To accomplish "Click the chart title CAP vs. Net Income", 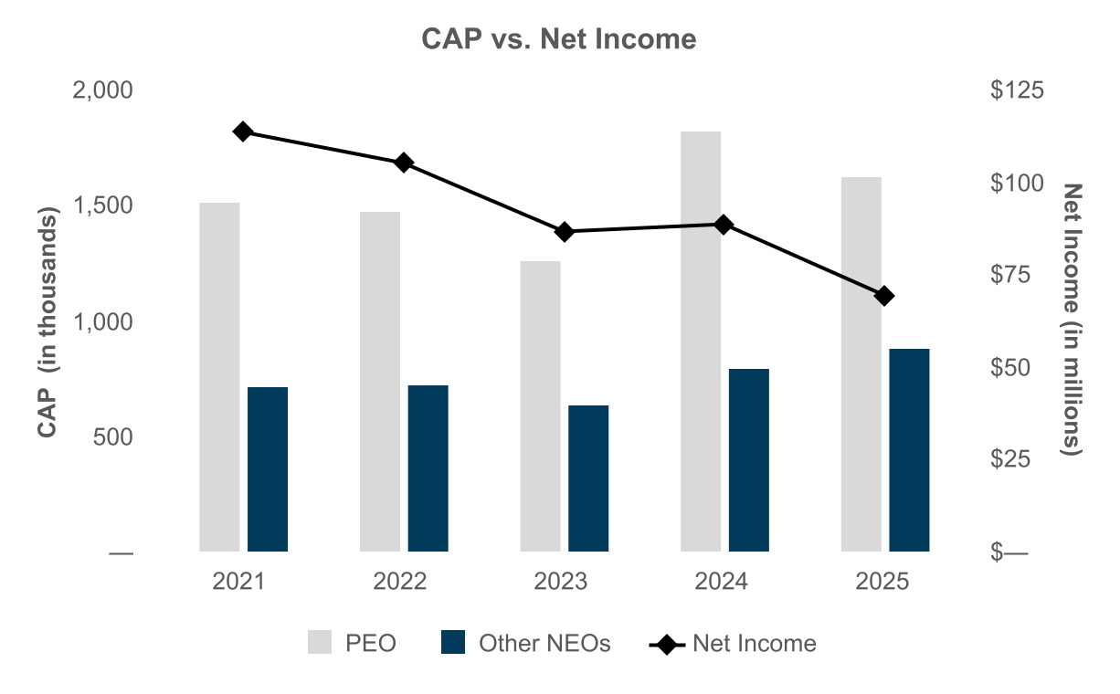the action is pos(558,39).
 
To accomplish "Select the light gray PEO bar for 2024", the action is pos(701,342).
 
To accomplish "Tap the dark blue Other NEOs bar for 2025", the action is pos(909,450).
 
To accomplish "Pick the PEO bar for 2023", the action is pos(540,406).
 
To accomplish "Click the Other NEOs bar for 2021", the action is pos(268,469).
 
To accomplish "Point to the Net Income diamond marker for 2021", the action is pos(243,131).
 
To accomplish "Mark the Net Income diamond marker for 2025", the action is pos(884,296).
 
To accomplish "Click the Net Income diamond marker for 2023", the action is pos(565,232).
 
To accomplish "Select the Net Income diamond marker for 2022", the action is pos(404,163).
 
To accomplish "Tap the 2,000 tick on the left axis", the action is pos(102,90).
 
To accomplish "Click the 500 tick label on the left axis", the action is pos(112,436).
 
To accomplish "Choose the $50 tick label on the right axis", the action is pos(1010,368).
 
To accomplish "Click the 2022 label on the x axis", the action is pos(399,581).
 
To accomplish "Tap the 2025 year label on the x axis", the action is pos(882,581).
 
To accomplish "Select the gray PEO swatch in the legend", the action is pos(320,642).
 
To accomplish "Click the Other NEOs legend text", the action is pos(544,643).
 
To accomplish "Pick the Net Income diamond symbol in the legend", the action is pos(667,645).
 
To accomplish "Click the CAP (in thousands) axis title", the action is pos(48,321).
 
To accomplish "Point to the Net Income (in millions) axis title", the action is pos(1071,320).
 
